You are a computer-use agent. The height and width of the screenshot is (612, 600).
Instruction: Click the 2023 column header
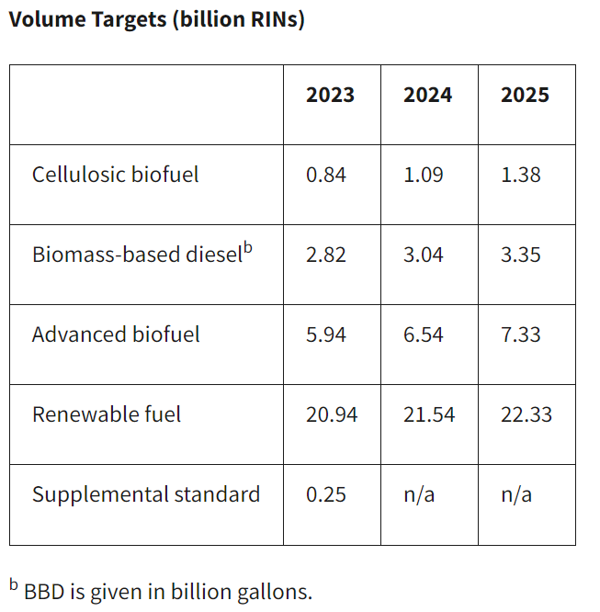(330, 96)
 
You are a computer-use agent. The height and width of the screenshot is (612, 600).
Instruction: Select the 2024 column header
(427, 96)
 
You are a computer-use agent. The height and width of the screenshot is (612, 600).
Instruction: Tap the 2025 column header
(525, 96)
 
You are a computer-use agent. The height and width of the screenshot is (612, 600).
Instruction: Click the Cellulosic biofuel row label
(115, 175)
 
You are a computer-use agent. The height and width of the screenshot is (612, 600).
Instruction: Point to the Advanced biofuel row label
(115, 334)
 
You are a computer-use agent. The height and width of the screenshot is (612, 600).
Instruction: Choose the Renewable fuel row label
(107, 414)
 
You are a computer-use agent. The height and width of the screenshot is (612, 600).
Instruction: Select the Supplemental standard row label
(146, 494)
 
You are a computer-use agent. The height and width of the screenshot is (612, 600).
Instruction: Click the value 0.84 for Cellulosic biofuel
(326, 175)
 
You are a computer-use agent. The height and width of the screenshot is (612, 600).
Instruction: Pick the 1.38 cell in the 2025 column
(521, 175)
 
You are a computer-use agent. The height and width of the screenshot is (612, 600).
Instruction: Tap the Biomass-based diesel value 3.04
(424, 255)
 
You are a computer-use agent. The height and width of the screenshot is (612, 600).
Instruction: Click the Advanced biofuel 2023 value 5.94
(326, 334)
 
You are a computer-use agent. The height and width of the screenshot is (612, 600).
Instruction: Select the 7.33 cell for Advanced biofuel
(521, 334)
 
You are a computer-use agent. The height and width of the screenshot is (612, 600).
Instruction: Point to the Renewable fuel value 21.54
(429, 414)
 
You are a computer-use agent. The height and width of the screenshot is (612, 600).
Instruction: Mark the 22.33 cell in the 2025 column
(526, 414)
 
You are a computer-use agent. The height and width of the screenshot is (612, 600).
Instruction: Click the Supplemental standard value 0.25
(326, 494)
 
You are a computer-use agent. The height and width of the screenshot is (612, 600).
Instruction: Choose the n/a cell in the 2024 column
(419, 494)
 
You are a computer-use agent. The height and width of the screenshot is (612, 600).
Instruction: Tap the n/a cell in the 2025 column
(516, 494)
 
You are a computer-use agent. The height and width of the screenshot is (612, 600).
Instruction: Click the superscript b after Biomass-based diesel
(247, 247)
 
